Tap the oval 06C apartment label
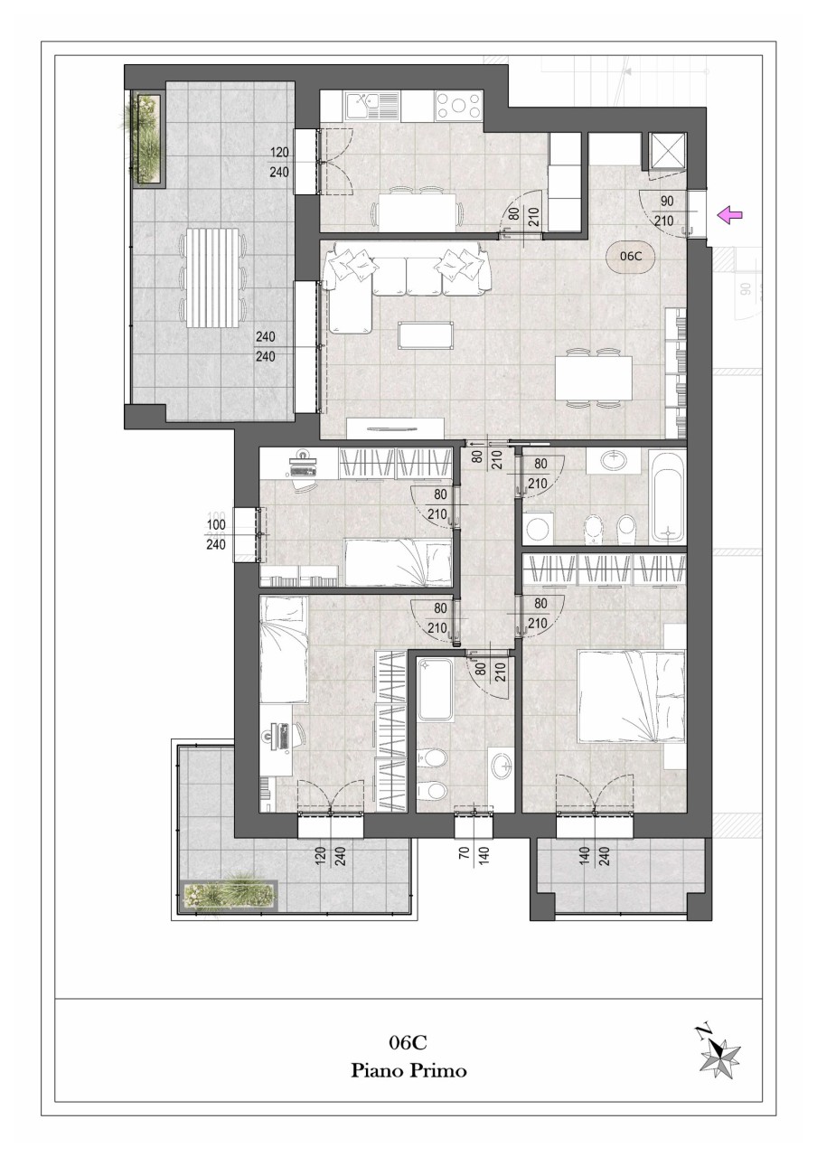630,255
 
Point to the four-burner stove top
458,106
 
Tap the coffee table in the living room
426,334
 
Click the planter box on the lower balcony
230,894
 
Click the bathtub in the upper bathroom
668,497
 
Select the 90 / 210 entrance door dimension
665,212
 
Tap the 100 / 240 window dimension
216,534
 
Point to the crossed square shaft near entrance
668,151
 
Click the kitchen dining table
418,212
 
